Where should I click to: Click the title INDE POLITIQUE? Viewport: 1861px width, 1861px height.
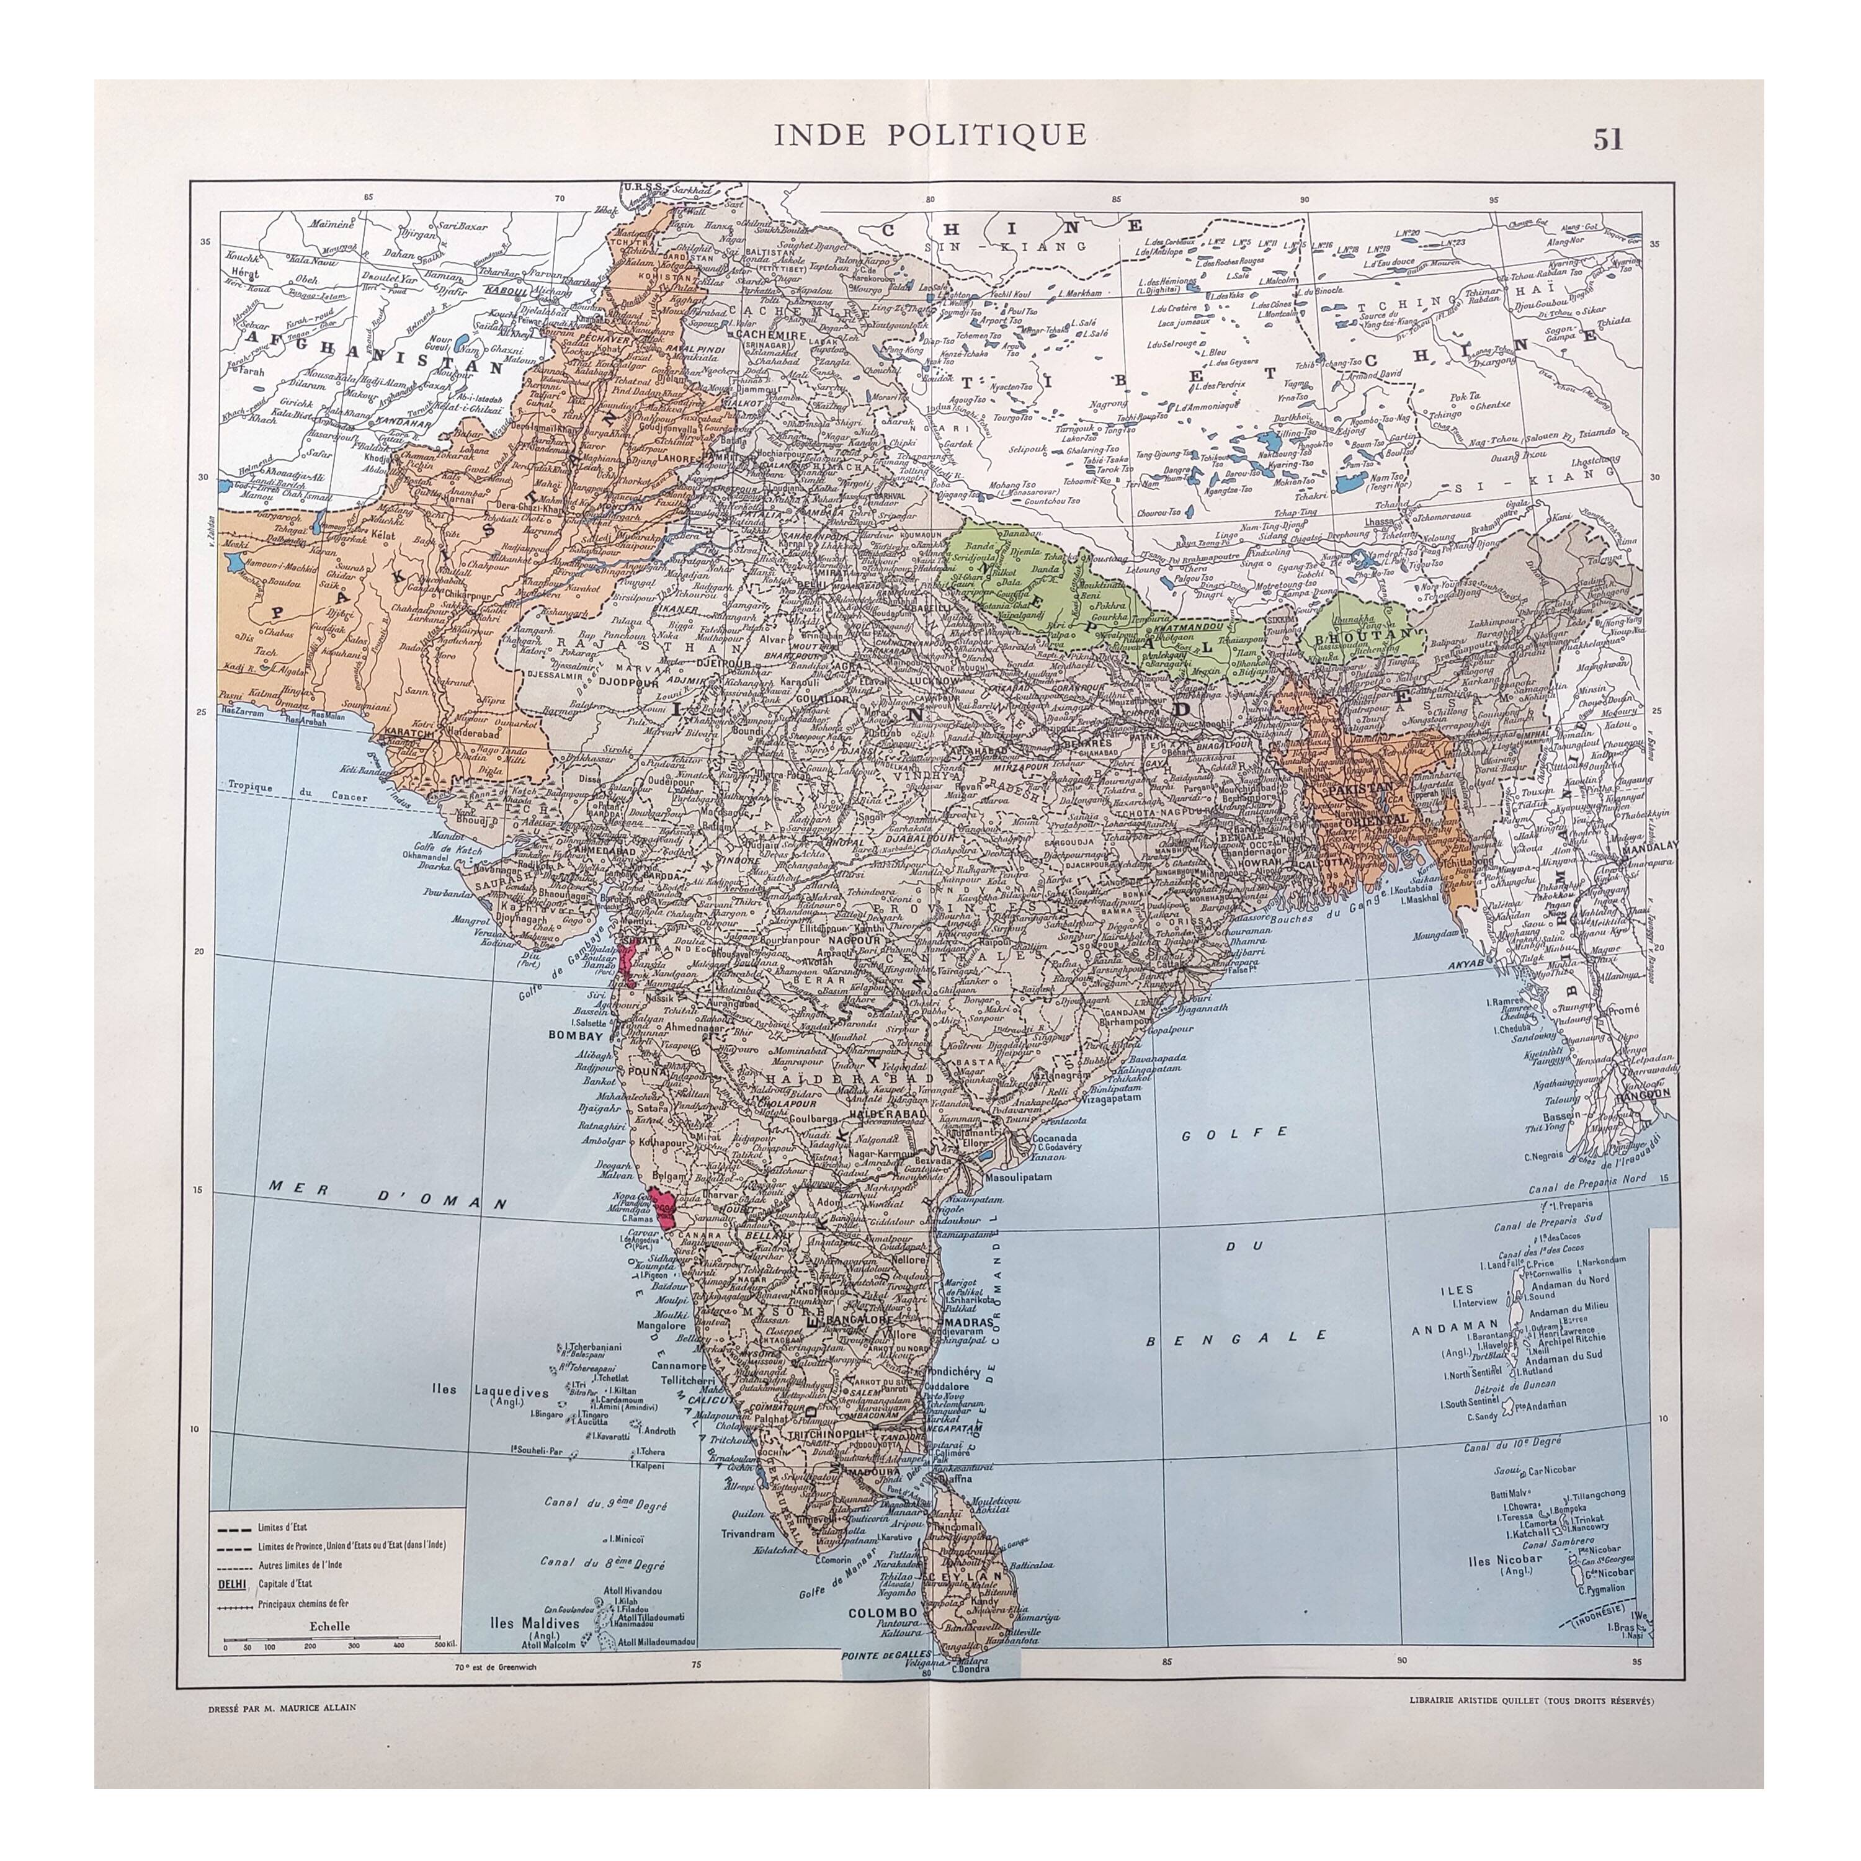point(930,135)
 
